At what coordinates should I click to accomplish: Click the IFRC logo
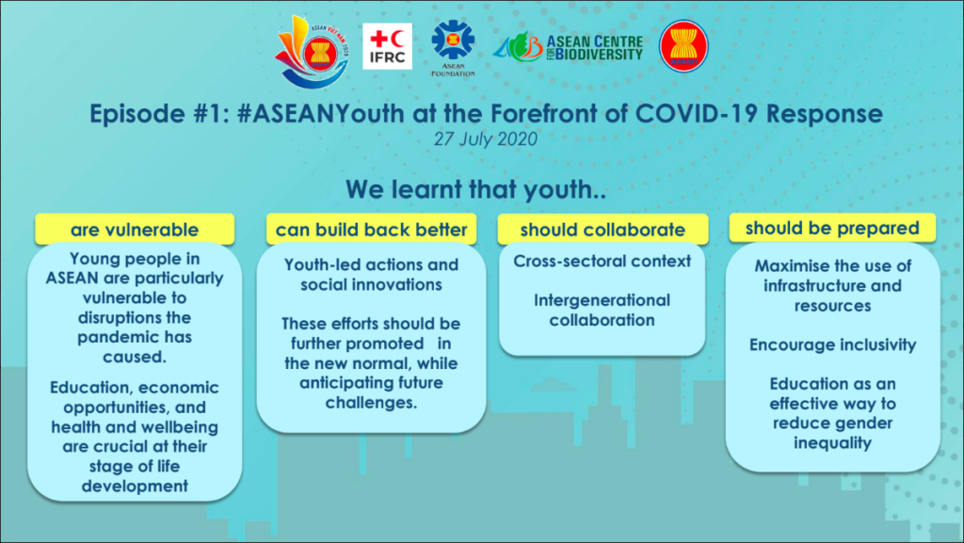387,46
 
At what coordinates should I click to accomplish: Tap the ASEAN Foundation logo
453,48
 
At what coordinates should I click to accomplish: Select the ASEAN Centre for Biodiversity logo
568,47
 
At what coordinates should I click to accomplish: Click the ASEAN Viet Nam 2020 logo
313,52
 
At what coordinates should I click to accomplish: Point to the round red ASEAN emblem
683,47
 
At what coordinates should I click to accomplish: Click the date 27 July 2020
485,139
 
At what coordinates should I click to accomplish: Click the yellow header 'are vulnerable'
135,229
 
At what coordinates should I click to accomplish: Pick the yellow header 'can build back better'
371,229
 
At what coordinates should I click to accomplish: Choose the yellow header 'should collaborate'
602,229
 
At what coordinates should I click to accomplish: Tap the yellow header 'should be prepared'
832,228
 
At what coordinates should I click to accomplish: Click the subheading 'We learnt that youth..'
475,189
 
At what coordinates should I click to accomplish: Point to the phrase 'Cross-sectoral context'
602,261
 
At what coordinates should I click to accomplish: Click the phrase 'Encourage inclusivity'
832,344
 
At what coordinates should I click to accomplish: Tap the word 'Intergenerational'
602,300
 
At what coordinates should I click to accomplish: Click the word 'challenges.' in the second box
371,403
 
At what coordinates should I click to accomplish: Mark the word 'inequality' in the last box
832,443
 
